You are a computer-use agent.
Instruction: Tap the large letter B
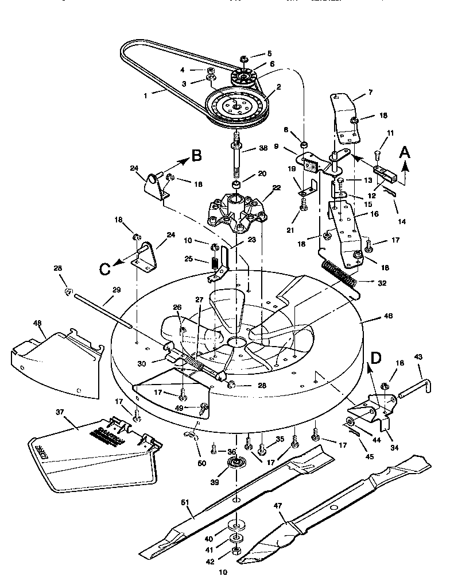pos(196,155)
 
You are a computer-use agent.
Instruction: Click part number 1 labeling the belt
pos(147,96)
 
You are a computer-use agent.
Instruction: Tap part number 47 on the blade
pos(279,506)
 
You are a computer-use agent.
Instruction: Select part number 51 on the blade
pos(185,502)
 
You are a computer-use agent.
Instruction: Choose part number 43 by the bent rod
pos(418,358)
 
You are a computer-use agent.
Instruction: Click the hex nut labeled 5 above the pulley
pos(243,58)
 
